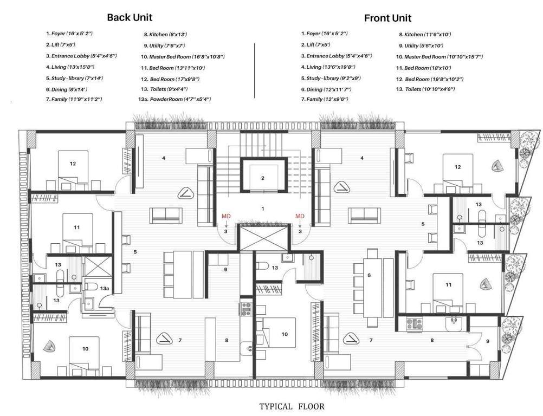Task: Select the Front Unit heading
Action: click(387, 18)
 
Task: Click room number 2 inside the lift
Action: click(262, 177)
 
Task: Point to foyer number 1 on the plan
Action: click(262, 208)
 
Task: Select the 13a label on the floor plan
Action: click(105, 289)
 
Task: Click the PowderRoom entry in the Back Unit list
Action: click(176, 100)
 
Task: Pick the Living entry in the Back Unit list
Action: click(70, 67)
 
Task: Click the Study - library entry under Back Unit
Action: click(74, 78)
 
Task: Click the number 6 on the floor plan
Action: click(369, 275)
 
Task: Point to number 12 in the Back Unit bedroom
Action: click(72, 162)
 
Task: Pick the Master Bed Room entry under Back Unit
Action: click(183, 56)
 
